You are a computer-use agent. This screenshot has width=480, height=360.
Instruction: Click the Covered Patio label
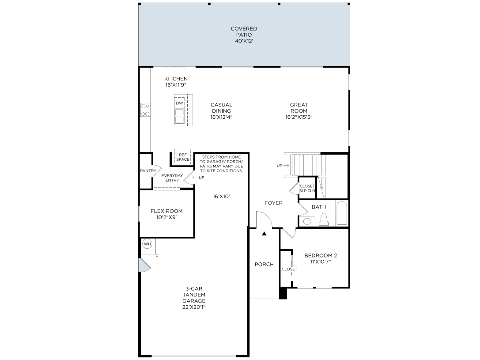click(244, 34)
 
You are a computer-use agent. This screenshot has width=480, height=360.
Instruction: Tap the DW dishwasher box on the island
click(179, 103)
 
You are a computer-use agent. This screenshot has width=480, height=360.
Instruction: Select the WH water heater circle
click(147, 244)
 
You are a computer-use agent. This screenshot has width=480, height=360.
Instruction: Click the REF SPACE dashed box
click(183, 157)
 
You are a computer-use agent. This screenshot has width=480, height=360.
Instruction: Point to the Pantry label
click(148, 171)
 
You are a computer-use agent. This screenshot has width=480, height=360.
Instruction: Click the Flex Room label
click(166, 214)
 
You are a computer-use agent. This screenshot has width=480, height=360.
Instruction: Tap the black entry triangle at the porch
click(264, 234)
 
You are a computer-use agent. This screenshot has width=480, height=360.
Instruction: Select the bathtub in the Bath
click(342, 213)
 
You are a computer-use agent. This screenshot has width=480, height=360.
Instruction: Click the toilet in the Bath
click(323, 220)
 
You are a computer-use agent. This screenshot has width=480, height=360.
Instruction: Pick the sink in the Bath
click(307, 221)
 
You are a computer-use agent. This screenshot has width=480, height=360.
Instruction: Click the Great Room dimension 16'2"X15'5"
click(299, 117)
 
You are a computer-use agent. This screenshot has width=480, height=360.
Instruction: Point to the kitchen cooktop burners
click(145, 110)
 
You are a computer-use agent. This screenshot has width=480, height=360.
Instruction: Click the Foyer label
click(274, 203)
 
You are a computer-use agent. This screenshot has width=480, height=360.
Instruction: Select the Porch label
click(264, 264)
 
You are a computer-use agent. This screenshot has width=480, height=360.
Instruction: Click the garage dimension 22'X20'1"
click(194, 307)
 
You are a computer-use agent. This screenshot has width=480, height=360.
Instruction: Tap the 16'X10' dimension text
click(221, 197)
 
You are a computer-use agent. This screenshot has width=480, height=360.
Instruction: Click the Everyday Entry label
click(172, 178)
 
